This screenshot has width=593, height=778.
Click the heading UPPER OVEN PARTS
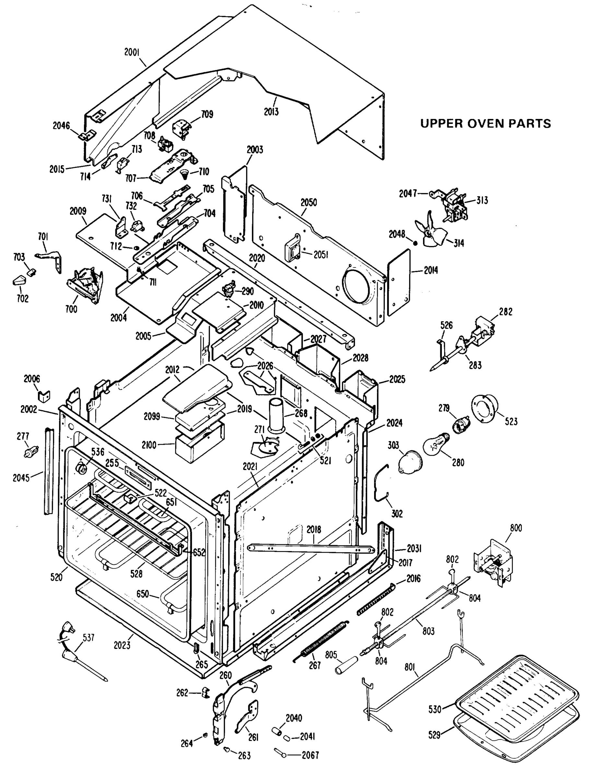tap(485, 124)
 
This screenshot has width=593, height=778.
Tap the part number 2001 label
tap(132, 53)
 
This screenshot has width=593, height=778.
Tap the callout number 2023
tap(122, 645)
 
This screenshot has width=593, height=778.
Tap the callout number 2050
tap(309, 203)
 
